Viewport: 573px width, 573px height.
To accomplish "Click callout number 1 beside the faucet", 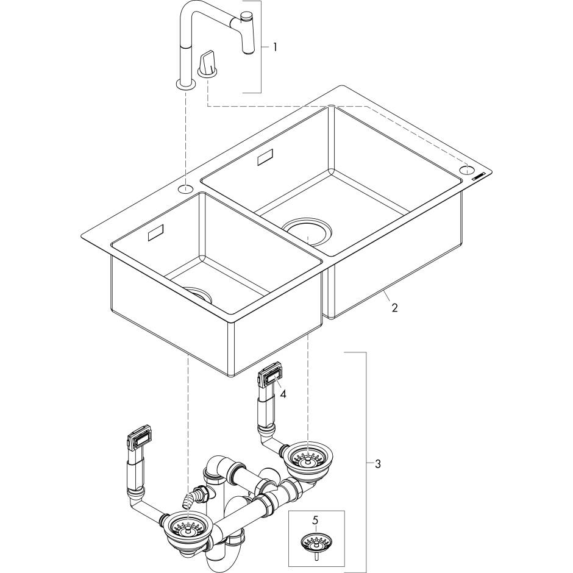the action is [x=274, y=47].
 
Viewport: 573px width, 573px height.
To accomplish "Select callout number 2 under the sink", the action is [x=394, y=308].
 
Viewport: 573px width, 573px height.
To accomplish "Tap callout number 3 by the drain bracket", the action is [x=378, y=464].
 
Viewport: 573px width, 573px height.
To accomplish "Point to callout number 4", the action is [x=283, y=394].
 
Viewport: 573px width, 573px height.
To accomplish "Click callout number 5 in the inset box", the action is [x=316, y=519].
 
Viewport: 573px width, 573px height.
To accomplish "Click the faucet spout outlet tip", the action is [x=249, y=52].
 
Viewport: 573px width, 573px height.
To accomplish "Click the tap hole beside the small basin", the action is [x=186, y=189].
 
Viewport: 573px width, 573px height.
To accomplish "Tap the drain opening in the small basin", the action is [x=199, y=293].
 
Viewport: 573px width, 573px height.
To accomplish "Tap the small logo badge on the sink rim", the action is [x=477, y=177].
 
